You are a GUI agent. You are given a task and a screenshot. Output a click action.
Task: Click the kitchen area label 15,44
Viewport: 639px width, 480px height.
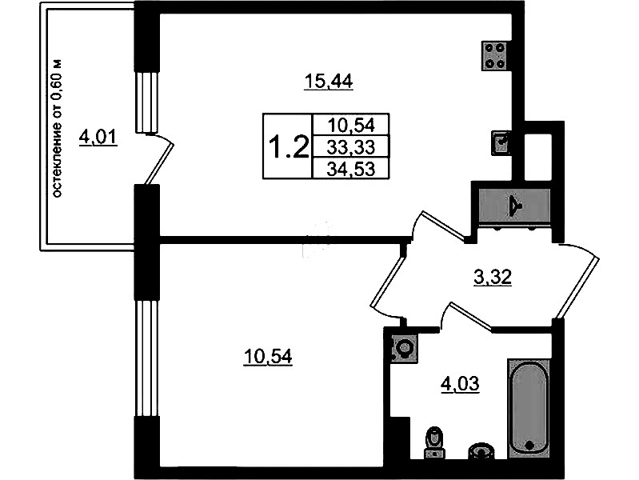329,82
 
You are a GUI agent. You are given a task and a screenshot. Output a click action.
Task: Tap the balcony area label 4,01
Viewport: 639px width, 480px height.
98,137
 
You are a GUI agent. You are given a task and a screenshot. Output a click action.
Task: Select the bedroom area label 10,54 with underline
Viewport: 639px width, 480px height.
268,358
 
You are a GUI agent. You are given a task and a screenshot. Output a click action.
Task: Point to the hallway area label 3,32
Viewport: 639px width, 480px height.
493,278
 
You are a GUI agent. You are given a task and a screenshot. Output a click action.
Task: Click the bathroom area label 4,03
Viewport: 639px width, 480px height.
460,384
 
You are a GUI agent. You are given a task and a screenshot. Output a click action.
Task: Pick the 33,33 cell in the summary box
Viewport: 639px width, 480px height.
350,147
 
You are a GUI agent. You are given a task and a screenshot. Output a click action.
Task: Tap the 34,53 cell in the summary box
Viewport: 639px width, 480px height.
350,169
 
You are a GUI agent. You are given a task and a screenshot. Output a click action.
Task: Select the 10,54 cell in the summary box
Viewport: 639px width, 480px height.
350,125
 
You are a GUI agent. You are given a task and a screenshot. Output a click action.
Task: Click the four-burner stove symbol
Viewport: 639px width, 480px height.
495,55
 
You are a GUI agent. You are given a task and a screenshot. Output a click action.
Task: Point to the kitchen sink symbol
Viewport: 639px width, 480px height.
501,142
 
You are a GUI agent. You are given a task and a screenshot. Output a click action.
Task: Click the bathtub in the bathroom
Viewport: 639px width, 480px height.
529,408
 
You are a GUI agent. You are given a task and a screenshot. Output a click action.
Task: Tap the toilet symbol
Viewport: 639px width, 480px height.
434,442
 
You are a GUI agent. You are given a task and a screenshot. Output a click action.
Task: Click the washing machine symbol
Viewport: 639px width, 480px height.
404,348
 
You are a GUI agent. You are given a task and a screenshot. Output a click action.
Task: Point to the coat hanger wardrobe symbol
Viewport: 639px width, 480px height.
515,206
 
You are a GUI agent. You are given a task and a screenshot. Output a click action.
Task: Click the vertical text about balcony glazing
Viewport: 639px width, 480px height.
58,129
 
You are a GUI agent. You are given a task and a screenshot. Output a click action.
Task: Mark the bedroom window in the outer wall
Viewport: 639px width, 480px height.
146,358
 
